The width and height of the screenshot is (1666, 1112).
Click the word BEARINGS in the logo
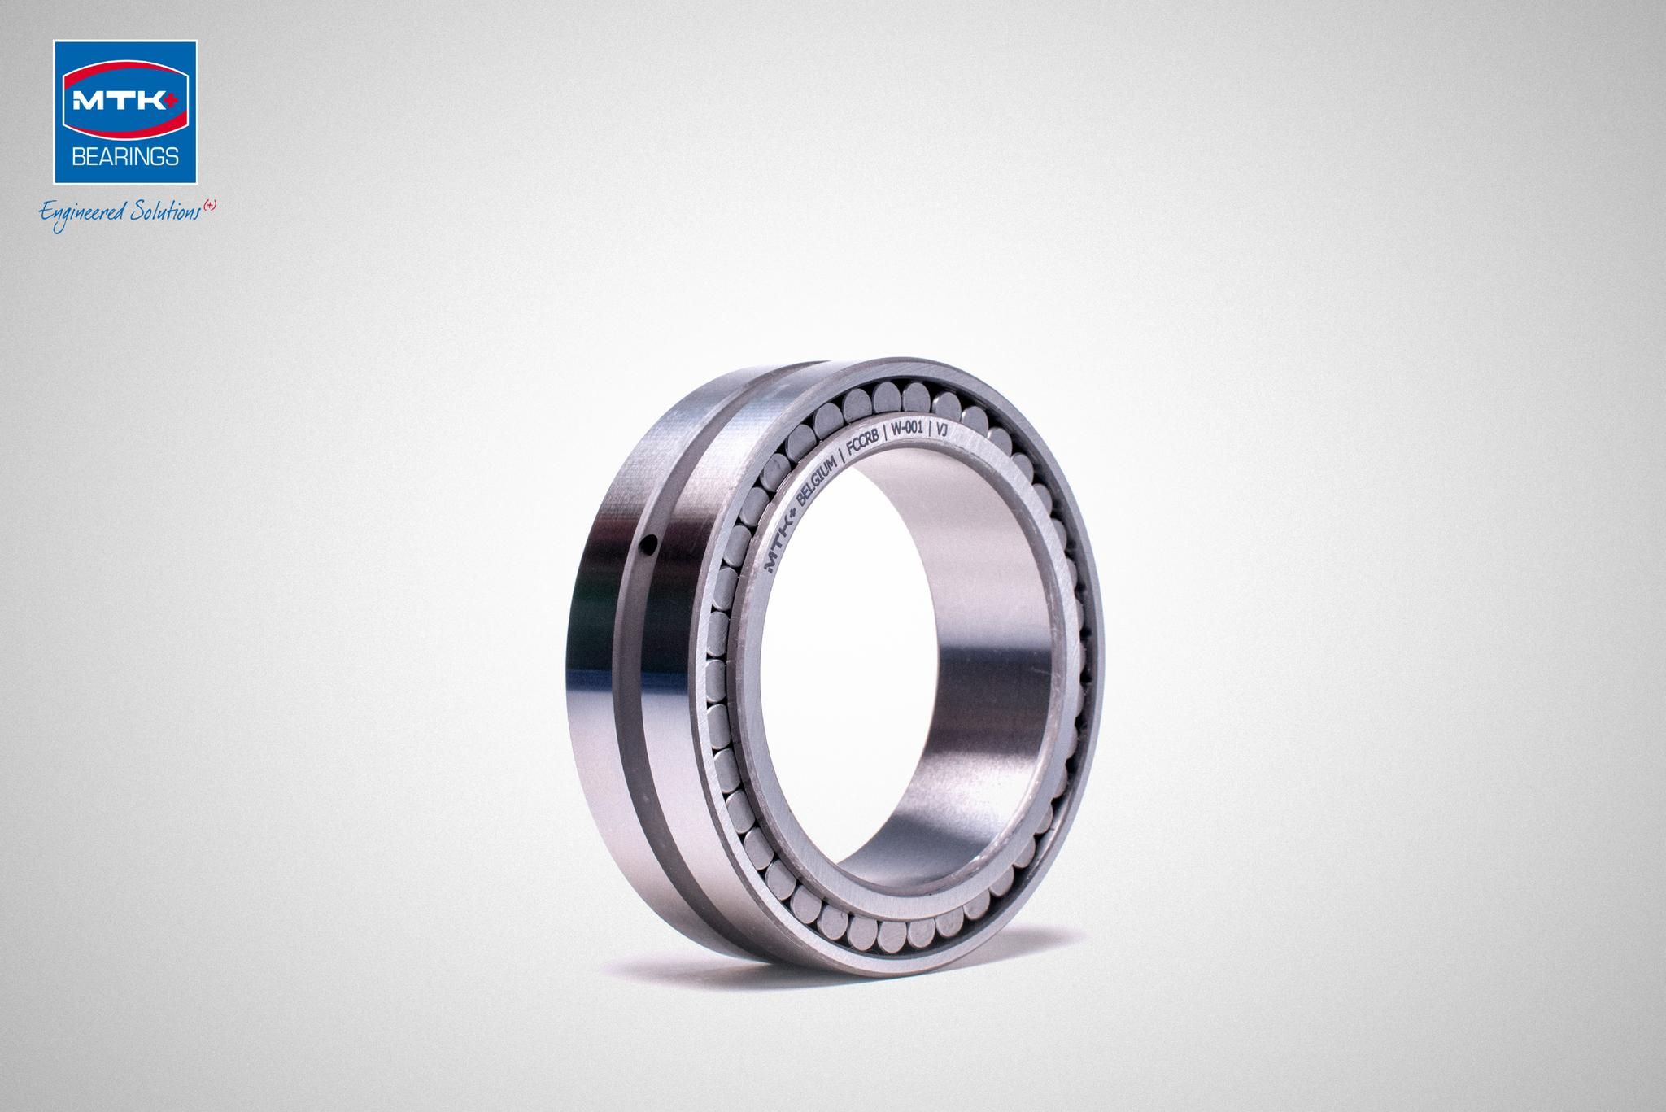point(125,156)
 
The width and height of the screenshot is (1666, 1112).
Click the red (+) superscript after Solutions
point(210,207)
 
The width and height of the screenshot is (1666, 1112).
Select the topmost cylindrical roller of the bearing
point(887,396)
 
